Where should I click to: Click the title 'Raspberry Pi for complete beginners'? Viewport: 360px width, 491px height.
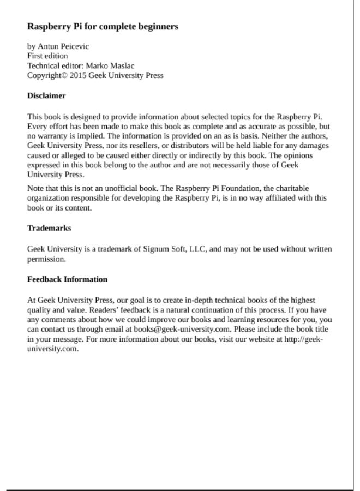(x=103, y=26)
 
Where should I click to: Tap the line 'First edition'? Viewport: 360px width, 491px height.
(x=47, y=56)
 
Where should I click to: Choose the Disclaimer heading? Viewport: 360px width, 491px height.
(x=46, y=96)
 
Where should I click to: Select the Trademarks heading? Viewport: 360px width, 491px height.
(x=49, y=228)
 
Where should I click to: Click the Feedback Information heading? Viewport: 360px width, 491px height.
(x=67, y=279)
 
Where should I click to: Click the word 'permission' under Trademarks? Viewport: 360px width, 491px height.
(x=46, y=259)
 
